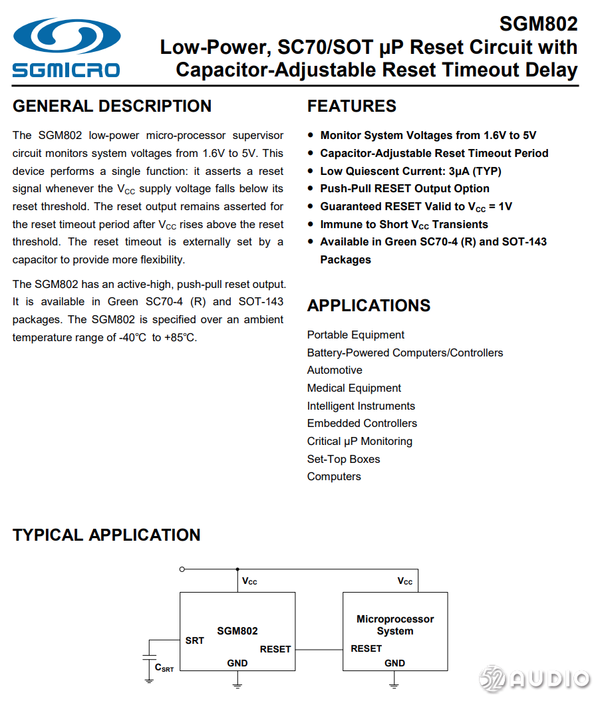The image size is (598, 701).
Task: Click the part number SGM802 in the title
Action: [x=538, y=24]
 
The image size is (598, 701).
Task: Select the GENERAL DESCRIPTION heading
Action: [x=112, y=106]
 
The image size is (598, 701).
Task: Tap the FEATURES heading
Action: [x=351, y=106]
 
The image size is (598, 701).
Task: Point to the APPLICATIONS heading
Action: [x=369, y=306]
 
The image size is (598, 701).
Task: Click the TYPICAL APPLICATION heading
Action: [x=106, y=535]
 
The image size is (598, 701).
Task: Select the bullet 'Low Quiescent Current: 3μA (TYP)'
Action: [x=410, y=171]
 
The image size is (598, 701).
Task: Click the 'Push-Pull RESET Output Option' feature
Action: [x=404, y=189]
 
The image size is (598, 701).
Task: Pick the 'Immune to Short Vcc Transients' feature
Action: [x=404, y=225]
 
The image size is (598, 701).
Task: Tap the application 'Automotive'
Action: [x=335, y=370]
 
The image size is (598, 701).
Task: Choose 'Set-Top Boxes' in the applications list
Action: [x=343, y=459]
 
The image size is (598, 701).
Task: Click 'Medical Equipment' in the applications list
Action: [x=354, y=388]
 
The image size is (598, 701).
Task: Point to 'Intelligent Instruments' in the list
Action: [x=361, y=406]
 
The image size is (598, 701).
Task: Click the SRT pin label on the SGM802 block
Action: [x=195, y=640]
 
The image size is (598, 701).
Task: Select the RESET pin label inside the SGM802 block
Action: [x=275, y=649]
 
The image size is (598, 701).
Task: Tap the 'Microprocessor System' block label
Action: [x=395, y=625]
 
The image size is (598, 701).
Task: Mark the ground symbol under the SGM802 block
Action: [x=237, y=682]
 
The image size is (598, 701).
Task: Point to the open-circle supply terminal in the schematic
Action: [x=182, y=569]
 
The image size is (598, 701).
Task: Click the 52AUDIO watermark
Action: [x=535, y=678]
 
